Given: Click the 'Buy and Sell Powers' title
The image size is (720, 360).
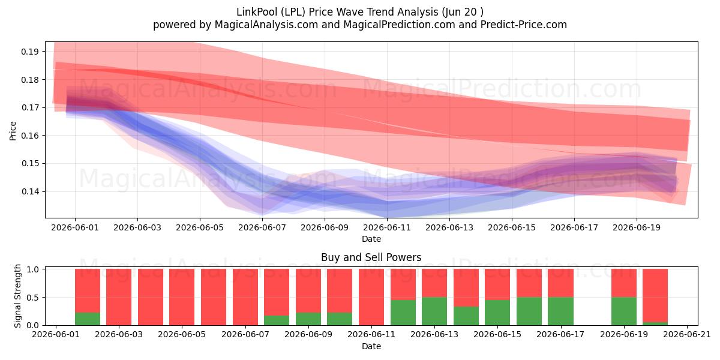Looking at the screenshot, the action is tap(371, 257).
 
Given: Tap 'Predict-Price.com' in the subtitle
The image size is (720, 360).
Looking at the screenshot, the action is tap(524, 25).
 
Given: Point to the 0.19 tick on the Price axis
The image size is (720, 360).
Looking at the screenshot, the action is tap(29, 52).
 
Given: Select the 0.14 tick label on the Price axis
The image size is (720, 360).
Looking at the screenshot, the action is tap(29, 191).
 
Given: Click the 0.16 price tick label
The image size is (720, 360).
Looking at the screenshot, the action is tap(29, 136).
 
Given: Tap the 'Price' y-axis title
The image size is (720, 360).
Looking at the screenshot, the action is tap(13, 131).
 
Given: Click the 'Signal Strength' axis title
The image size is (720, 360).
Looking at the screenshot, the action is tap(17, 296).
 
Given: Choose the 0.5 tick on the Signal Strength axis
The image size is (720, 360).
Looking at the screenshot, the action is tap(33, 298).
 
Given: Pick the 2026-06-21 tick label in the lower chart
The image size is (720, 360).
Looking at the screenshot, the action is tap(687, 335).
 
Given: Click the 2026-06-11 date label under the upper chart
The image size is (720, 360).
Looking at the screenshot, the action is tap(387, 227).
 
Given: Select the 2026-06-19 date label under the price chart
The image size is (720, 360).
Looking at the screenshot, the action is tap(637, 227).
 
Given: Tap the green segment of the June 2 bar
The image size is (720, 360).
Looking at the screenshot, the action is tap(88, 319).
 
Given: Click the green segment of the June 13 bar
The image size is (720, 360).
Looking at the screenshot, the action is tap(434, 311).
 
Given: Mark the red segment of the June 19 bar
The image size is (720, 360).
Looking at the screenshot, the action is tap(624, 283).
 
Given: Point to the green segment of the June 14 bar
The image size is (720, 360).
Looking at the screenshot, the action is tap(466, 316).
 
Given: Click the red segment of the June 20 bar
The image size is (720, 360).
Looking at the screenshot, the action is tap(655, 296).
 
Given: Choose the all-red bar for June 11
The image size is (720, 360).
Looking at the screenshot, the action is tap(371, 297).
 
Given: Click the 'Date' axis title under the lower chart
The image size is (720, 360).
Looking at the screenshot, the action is tap(371, 347).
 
